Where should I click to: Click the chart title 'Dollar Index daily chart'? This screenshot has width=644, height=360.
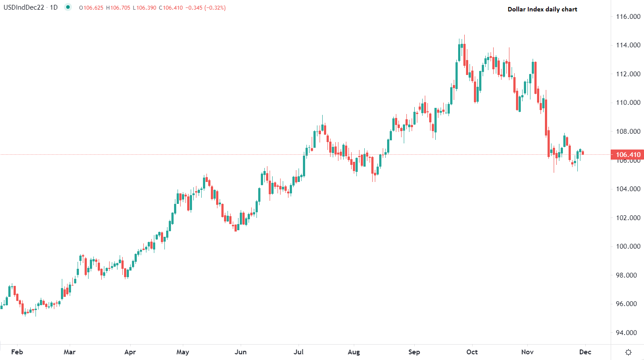[x=542, y=9]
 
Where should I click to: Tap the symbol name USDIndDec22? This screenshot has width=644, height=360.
[x=24, y=7]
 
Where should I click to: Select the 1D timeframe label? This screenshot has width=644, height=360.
[x=53, y=7]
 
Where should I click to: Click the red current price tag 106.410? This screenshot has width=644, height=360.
[x=628, y=154]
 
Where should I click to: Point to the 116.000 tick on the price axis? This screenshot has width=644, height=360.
[x=628, y=17]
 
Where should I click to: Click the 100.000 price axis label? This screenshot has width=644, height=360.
[x=628, y=246]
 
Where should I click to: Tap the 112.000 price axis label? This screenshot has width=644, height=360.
[x=628, y=74]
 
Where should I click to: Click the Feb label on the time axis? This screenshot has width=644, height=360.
[x=17, y=352]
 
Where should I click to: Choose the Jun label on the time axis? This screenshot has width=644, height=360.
[x=241, y=352]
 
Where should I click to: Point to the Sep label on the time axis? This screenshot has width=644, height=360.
[x=414, y=352]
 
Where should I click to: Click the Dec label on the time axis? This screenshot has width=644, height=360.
[x=585, y=352]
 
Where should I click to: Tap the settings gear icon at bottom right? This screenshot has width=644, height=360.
[x=628, y=352]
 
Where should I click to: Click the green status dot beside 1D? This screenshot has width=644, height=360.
[x=68, y=7]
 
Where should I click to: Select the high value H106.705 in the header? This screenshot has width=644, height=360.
[x=118, y=8]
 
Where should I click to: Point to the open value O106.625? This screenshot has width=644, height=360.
[x=91, y=8]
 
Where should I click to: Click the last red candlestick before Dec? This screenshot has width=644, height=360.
[x=583, y=153]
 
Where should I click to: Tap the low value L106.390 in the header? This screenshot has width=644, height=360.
[x=145, y=8]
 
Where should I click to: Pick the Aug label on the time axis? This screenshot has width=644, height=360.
[x=353, y=352]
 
